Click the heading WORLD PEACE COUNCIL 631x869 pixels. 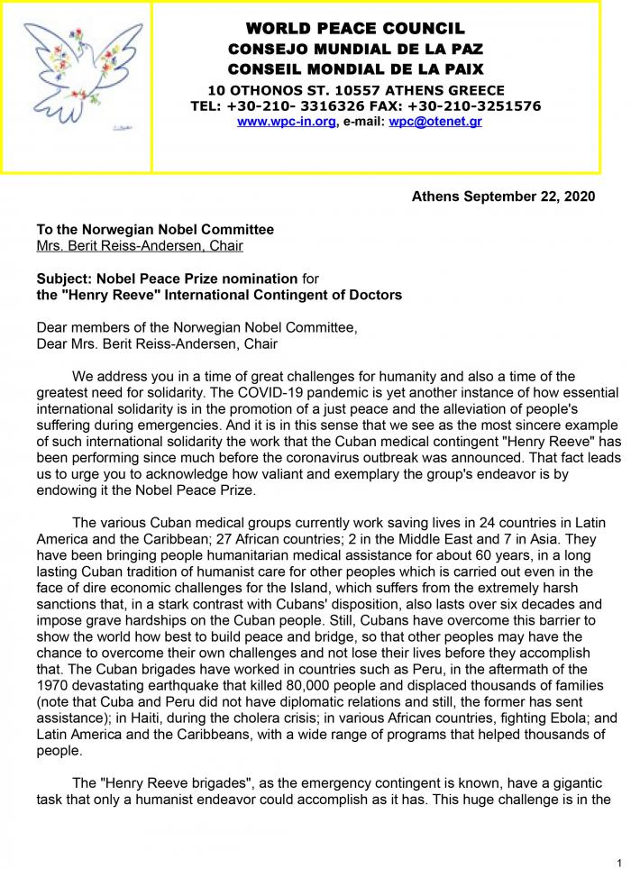[x=355, y=29]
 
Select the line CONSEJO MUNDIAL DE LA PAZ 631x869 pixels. [x=355, y=49]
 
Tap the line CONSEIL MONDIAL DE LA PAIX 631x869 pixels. [x=355, y=69]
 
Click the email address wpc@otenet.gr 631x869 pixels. [x=435, y=122]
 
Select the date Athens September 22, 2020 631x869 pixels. [x=503, y=196]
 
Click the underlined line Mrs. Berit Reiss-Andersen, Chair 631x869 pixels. [x=140, y=245]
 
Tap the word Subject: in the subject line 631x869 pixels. [x=64, y=279]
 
